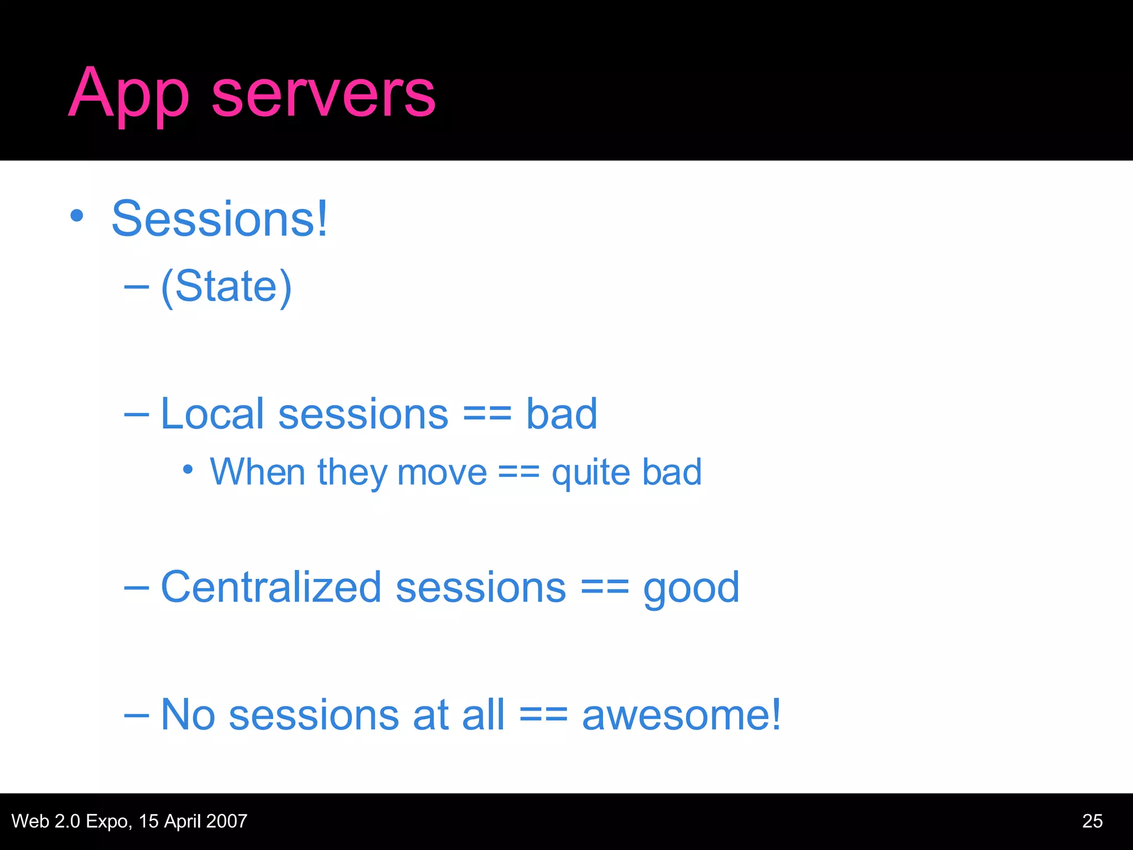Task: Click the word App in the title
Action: (128, 94)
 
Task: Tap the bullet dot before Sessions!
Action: (77, 216)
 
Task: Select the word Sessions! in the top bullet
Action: (220, 219)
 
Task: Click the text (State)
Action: (226, 286)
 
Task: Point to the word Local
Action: (212, 414)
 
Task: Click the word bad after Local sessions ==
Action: (561, 414)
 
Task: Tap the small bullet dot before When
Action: (188, 470)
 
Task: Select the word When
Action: (257, 472)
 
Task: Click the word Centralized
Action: (271, 587)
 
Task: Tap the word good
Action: (691, 589)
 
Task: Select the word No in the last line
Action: (188, 715)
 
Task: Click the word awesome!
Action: (681, 715)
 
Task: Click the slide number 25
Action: (1092, 821)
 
